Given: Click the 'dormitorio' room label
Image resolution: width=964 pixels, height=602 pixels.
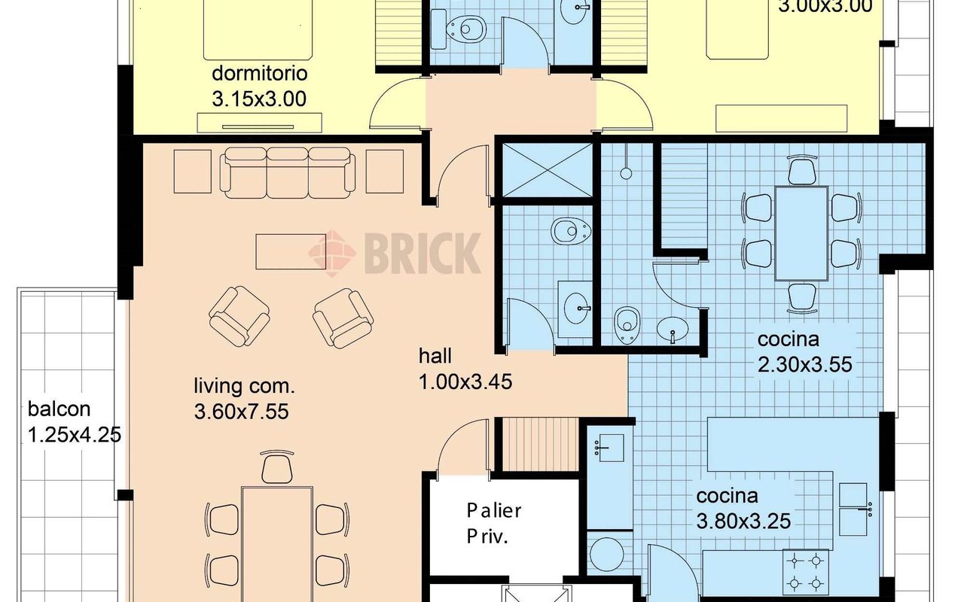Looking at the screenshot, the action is pos(260,73).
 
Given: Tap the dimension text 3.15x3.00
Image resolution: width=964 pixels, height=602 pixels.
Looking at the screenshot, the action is pos(259,99).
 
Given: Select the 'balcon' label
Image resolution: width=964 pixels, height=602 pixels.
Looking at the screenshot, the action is pos(59,409).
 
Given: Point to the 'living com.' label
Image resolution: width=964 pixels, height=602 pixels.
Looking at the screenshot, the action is pos(244,386).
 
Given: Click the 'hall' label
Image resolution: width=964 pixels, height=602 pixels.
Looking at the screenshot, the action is pos(435,356).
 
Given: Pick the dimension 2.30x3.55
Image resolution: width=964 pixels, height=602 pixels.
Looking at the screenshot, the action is pos(804,365).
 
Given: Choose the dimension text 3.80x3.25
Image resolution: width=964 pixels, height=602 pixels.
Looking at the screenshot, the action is pos(743,521).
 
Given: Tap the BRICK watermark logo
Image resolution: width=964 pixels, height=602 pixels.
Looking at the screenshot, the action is pos(394,254).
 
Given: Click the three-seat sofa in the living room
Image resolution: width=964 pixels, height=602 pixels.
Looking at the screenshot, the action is pos(288,173).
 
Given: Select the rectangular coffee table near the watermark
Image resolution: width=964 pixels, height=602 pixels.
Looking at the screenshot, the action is pos(291,251).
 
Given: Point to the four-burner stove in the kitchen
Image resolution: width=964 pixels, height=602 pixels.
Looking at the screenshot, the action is pos(805,572).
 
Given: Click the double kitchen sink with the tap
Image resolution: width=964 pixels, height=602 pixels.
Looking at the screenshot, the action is pos(854,509).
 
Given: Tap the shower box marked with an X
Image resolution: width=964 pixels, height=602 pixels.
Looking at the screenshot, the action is pos(548,171).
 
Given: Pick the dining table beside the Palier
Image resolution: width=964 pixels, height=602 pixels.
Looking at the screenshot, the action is pos(277,544).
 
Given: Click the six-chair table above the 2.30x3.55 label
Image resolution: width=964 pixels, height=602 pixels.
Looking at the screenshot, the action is pos(801,233).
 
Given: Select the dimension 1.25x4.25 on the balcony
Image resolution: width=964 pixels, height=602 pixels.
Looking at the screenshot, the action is pos(74,435).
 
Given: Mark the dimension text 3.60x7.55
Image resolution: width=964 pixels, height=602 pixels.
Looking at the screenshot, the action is pos(241,412).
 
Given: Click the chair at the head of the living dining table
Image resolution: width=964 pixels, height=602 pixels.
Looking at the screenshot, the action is pos(276,467).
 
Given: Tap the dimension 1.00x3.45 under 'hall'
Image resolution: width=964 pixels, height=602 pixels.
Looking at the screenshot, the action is pos(465,382).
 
